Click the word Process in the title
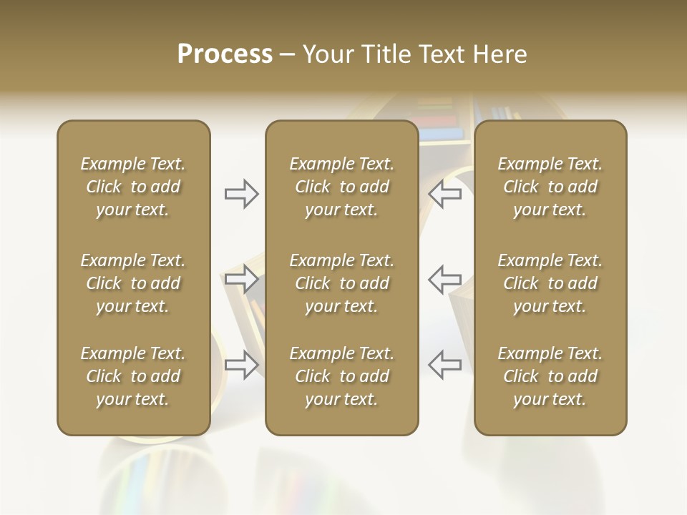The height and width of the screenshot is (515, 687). [225, 54]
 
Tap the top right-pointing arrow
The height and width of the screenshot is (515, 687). [241, 194]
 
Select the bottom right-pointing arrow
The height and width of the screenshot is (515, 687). [241, 364]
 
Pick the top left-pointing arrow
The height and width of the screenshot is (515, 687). [444, 194]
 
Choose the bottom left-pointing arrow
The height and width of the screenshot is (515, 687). [444, 364]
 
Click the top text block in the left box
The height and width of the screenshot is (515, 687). [133, 187]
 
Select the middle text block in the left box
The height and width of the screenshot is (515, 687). [133, 283]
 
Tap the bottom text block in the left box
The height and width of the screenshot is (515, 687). [133, 376]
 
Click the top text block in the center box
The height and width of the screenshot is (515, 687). [341, 187]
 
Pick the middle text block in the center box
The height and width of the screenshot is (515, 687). [341, 283]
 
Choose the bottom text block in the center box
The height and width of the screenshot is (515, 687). [341, 376]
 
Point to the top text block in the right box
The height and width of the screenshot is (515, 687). [550, 187]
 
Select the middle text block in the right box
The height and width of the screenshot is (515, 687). [550, 283]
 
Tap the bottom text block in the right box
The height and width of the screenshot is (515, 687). [550, 376]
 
